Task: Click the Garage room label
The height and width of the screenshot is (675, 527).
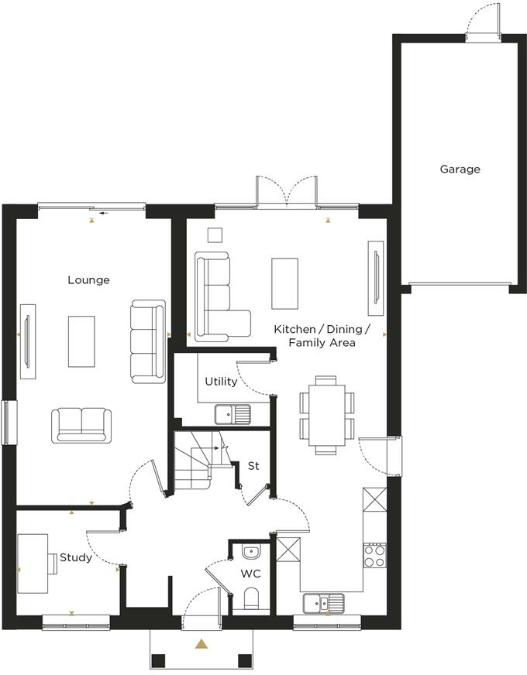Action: tap(460, 169)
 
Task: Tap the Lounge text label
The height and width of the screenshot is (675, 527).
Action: tap(88, 280)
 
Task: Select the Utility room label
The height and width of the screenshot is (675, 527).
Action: tap(221, 382)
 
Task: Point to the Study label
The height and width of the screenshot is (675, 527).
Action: tap(76, 557)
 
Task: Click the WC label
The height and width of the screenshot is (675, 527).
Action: tap(250, 574)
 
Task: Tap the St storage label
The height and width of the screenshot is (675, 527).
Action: tap(253, 466)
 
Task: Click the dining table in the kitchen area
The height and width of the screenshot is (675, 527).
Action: tap(325, 415)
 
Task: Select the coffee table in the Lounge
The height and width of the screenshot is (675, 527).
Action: tap(81, 341)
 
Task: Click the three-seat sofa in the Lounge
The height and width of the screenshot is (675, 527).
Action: tap(147, 341)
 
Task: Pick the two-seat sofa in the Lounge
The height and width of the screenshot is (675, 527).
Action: tap(81, 425)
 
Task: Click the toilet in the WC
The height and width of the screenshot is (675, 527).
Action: tap(251, 599)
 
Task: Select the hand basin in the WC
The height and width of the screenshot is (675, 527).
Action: tap(251, 553)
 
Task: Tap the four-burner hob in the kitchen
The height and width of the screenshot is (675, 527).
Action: tap(375, 554)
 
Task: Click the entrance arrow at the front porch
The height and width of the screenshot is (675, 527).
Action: tap(201, 643)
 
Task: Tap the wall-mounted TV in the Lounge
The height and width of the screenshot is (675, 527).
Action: tap(28, 341)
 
